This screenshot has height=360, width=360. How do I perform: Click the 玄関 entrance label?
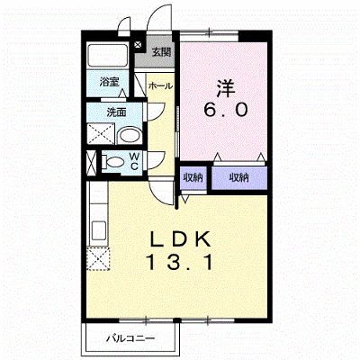[161, 52]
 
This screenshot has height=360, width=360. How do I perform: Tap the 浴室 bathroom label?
[109, 82]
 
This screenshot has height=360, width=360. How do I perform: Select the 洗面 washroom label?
[116, 112]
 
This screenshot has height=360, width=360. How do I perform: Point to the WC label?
[134, 161]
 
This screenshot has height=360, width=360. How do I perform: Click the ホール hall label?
[160, 86]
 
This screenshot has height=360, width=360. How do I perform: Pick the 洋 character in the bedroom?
[226, 87]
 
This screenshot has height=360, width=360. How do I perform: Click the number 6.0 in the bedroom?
[226, 110]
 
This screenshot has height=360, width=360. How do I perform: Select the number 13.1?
[179, 262]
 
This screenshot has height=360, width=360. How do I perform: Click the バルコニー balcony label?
[131, 339]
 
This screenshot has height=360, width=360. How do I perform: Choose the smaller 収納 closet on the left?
[193, 178]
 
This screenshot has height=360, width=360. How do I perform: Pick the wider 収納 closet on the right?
[239, 178]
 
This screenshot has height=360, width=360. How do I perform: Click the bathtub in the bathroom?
[108, 56]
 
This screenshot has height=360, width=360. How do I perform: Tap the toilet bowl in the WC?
[112, 162]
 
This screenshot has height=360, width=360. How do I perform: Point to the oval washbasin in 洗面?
[130, 137]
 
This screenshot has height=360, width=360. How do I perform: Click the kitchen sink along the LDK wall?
[98, 230]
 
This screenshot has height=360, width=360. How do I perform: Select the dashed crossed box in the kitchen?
[99, 258]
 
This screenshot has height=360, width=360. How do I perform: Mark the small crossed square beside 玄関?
[138, 45]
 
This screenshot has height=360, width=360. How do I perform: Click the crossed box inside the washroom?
[101, 133]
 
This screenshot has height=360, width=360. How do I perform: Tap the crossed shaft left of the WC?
[92, 163]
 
